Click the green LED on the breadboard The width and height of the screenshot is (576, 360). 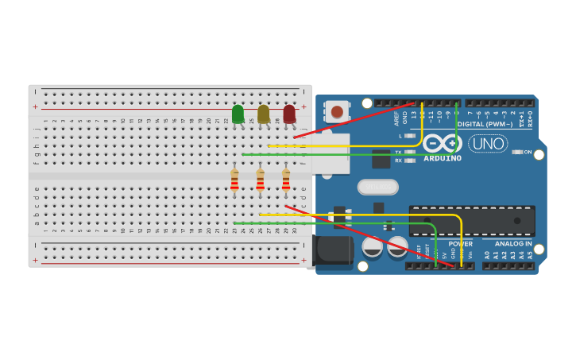tap(238, 114)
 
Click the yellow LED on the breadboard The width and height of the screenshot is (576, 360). tap(263, 114)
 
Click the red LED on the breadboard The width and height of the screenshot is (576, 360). tap(289, 114)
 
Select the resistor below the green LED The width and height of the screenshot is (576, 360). tap(234, 181)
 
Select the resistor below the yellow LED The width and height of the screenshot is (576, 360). tap(260, 181)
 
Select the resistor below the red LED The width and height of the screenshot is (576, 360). tap(286, 181)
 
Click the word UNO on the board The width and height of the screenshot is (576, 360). tap(488, 144)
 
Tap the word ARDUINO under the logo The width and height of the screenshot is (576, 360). tap(443, 158)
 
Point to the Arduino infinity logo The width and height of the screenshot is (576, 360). tap(442, 143)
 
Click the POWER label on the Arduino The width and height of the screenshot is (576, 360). tap(460, 244)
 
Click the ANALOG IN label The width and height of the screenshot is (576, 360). tap(513, 244)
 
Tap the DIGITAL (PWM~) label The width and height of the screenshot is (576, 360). tap(485, 124)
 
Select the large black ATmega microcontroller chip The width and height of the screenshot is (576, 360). tap(472, 220)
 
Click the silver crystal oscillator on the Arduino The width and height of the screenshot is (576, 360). tap(377, 187)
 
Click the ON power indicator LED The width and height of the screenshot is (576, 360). tap(517, 152)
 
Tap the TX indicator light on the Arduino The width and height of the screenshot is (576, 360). tap(410, 152)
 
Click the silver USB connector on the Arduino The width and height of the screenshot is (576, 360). tap(330, 153)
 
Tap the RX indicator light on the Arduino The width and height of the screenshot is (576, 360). tap(410, 161)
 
